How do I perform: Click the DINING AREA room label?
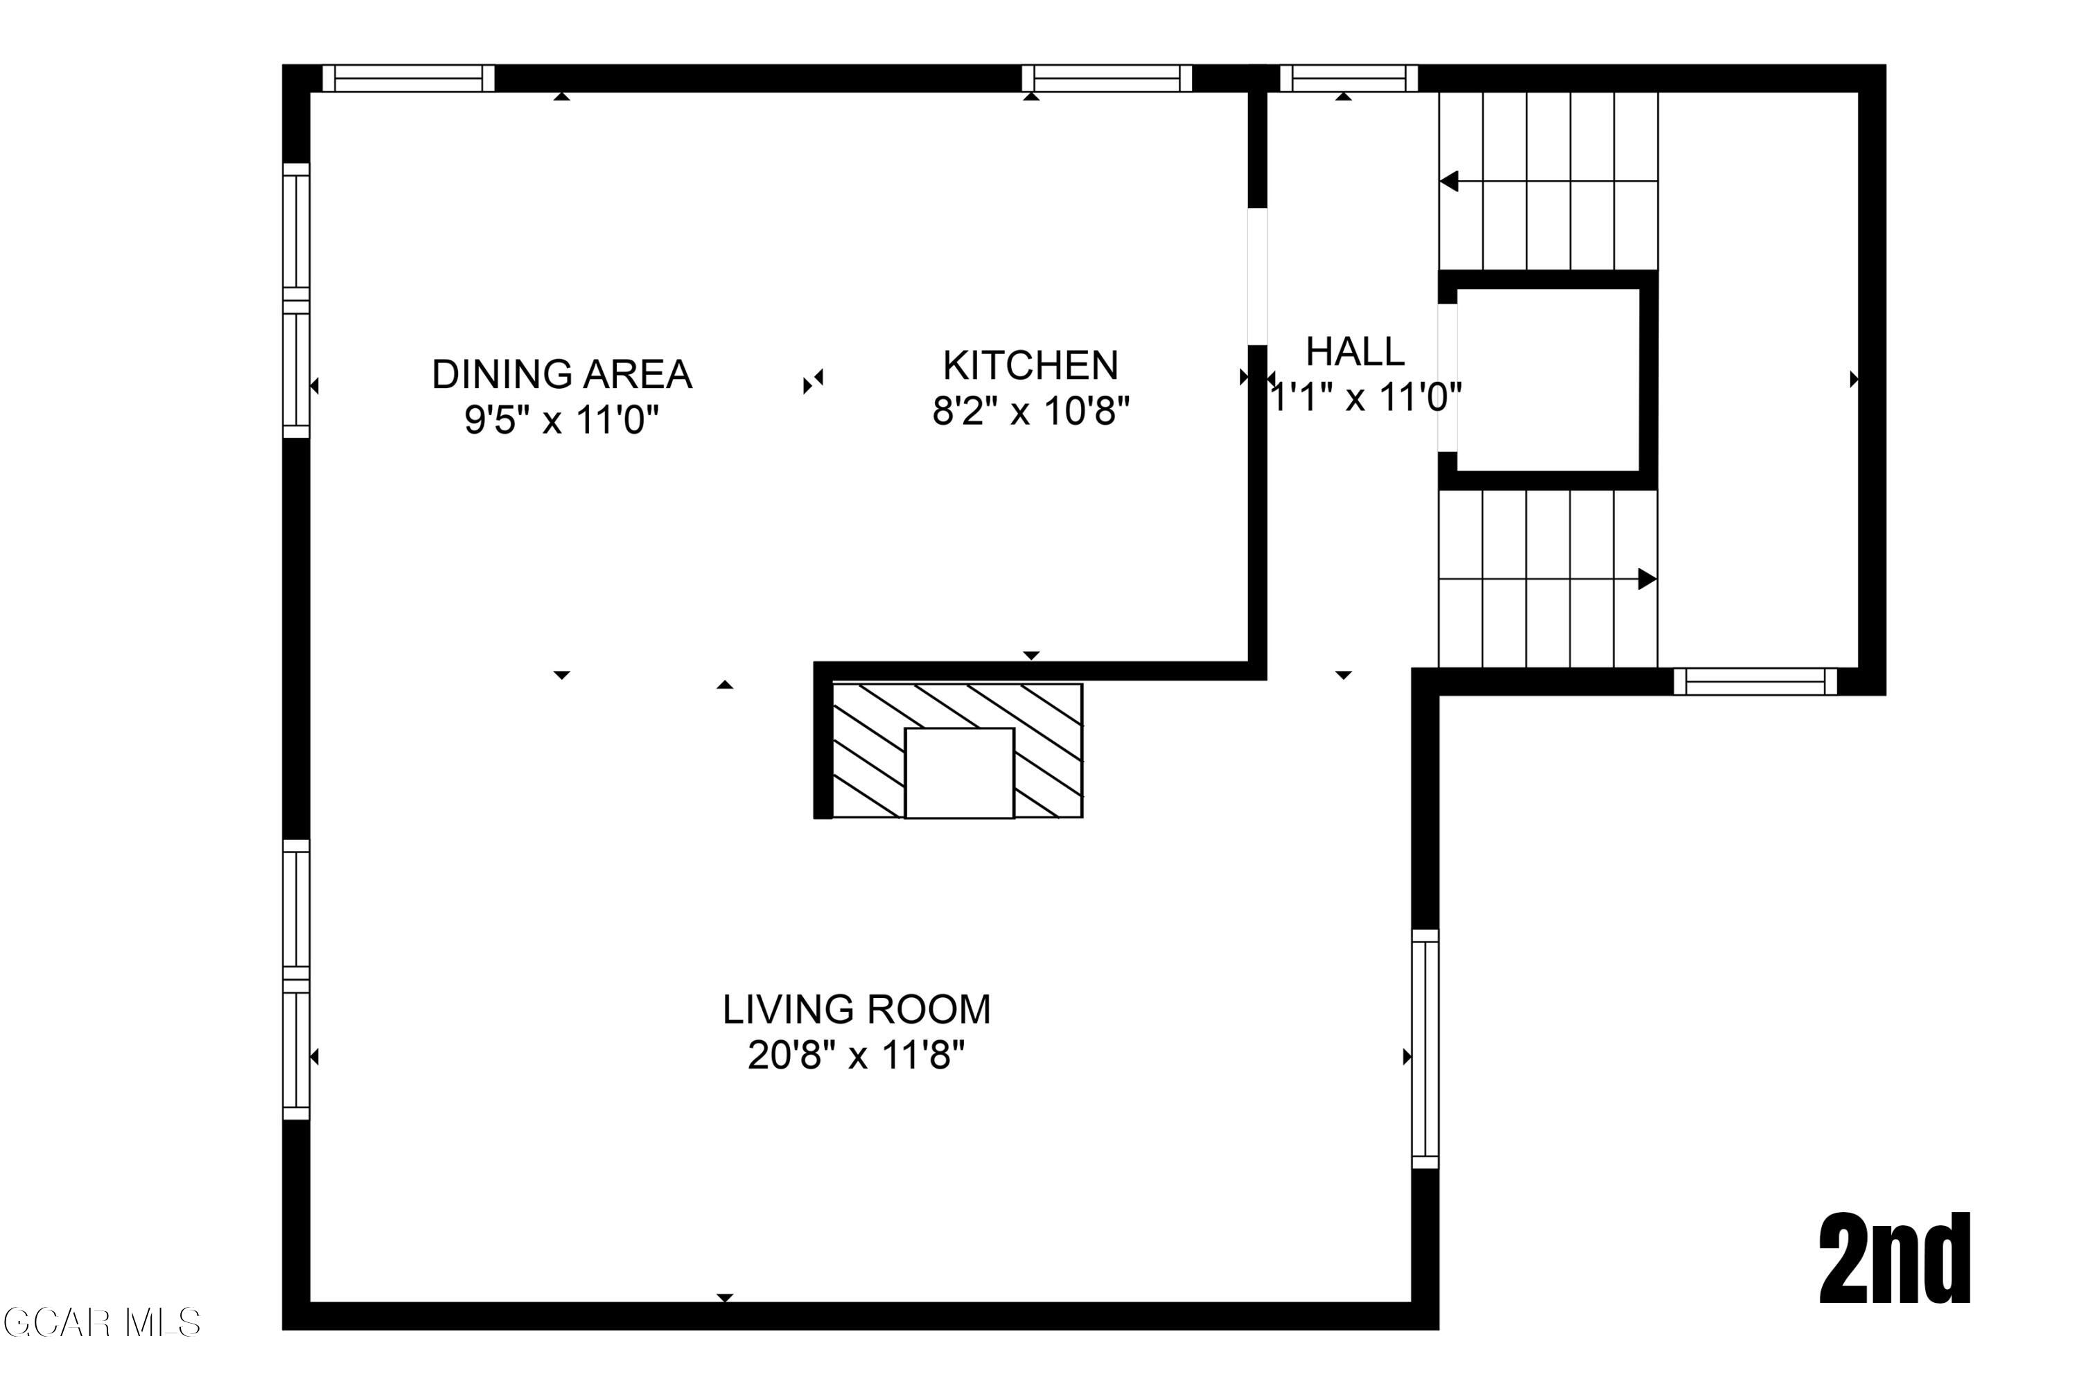561,374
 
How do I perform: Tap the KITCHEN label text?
1030,365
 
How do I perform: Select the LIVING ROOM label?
856,1010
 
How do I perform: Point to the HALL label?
1354,352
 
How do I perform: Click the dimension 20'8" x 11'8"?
856,1055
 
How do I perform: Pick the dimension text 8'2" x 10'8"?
1030,410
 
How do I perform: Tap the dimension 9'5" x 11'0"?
561,419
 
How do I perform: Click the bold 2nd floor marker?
1894,1261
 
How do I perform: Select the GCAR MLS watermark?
102,1323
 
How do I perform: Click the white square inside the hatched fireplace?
959,773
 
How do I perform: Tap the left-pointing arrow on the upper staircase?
1450,181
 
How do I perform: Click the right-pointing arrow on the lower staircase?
1646,579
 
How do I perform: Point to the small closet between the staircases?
1547,380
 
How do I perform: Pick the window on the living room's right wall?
1425,1049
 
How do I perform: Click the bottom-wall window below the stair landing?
1755,681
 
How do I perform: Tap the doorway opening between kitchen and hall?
1257,277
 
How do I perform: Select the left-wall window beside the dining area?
296,301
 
